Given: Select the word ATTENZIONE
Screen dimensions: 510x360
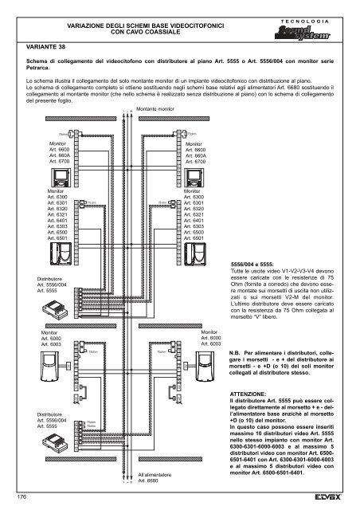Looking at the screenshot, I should (x=252, y=394).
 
